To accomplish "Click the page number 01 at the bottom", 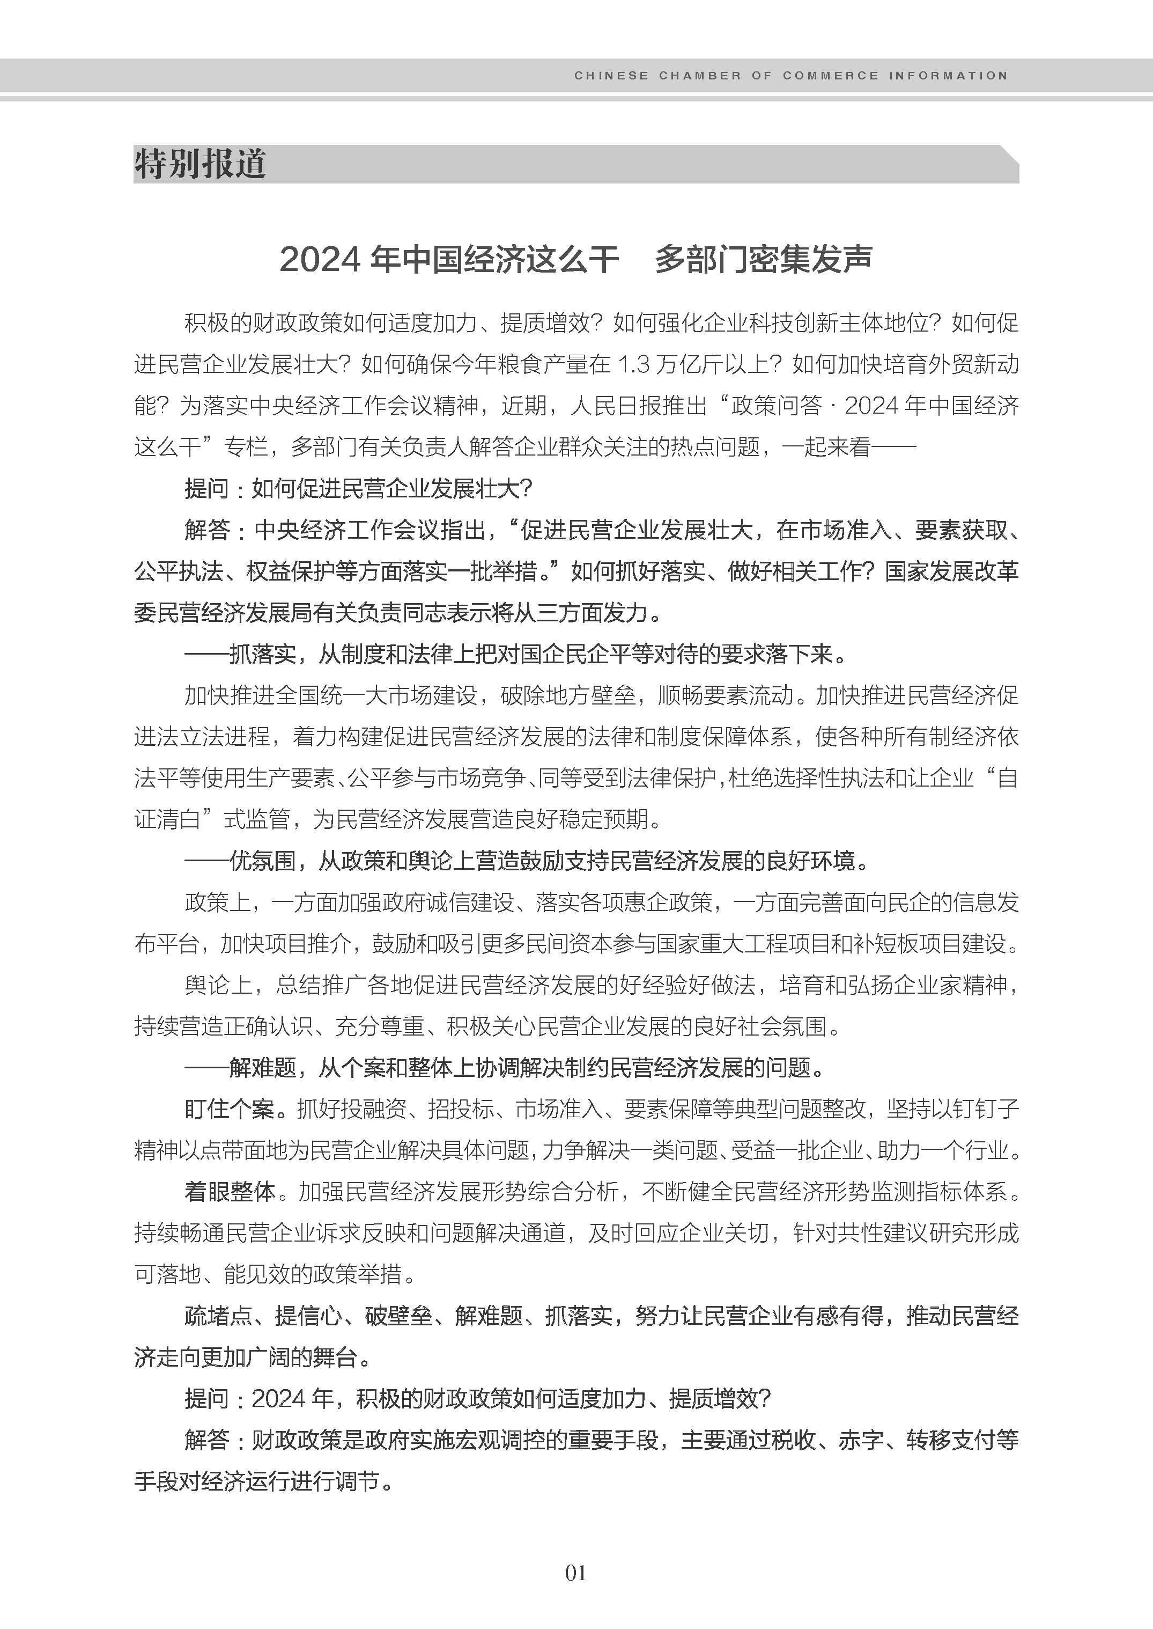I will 576,1572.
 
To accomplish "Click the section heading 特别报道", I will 200,165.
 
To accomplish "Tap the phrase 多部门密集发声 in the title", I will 763,260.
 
